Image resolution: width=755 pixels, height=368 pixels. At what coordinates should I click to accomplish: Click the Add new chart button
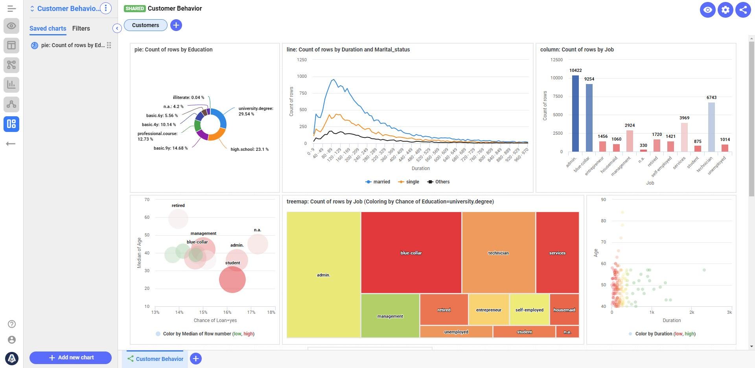pos(70,357)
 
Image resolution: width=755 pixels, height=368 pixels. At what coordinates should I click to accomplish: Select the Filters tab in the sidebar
pos(81,28)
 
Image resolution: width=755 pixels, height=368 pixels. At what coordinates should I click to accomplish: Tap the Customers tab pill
pos(145,25)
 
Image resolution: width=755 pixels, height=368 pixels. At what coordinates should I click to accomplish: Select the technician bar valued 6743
pos(711,127)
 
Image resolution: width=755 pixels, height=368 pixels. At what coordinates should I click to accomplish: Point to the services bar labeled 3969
pos(684,137)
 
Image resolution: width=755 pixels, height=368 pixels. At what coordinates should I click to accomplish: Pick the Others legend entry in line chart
pos(438,182)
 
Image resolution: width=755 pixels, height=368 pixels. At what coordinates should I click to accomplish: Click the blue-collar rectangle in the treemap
pos(411,253)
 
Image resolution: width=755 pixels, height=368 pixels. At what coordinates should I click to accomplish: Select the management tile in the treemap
pos(390,316)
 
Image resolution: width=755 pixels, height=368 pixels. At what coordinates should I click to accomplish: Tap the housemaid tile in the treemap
pos(564,310)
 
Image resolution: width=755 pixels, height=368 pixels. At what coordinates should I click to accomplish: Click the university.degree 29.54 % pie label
pos(256,111)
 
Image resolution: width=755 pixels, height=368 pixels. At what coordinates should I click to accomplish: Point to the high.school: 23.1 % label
pos(249,149)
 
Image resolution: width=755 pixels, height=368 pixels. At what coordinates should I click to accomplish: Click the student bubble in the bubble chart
pos(232,280)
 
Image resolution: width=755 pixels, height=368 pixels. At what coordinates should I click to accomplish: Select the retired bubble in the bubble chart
pos(178,219)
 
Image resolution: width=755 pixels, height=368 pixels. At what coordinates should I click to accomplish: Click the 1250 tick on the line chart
pos(302,60)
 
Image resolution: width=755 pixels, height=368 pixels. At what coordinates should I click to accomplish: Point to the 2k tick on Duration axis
pos(691,313)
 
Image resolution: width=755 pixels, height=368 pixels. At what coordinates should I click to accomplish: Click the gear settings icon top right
pos(725,10)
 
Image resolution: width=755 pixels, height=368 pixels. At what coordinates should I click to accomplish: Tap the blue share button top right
pos(743,10)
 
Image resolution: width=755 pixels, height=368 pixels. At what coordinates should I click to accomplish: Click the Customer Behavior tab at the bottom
pos(155,359)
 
